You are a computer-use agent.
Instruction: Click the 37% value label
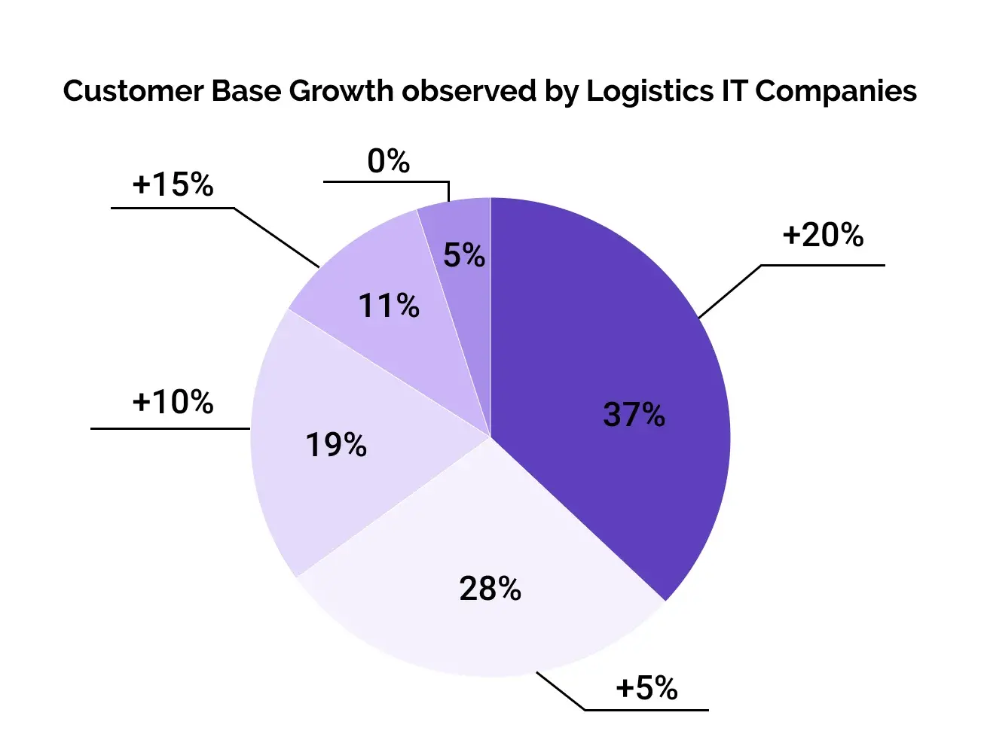coord(634,414)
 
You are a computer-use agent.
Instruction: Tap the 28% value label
coord(490,588)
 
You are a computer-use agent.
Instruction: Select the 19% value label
coord(335,445)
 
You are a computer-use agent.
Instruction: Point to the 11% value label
coord(389,306)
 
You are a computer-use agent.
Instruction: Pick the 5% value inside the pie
coord(464,255)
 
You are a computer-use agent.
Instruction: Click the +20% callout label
coord(823,235)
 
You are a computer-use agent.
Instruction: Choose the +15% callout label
coord(173,184)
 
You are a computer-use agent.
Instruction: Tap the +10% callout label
coord(173,402)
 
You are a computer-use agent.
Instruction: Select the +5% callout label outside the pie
coord(646,687)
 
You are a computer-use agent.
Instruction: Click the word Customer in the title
coord(133,91)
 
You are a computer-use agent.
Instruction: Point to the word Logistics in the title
coord(649,93)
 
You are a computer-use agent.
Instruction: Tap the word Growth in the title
coord(341,91)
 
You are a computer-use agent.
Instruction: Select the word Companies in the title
coord(836,93)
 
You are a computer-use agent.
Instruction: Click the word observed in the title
coord(469,91)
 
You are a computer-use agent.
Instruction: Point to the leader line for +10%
coord(170,428)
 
